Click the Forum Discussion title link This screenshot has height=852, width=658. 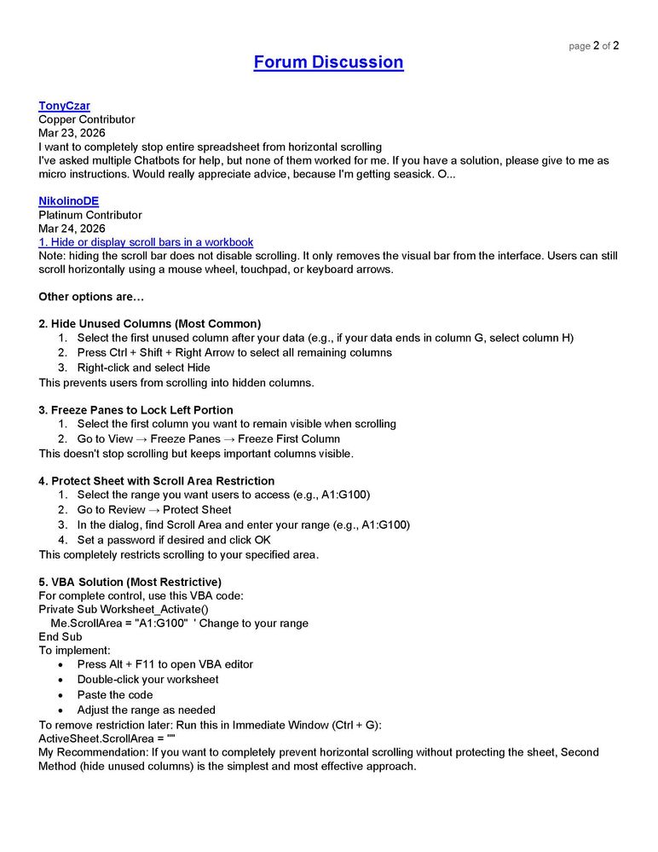click(x=328, y=62)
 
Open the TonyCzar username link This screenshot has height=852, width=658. click(x=64, y=106)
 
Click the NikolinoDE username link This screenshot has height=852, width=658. click(x=68, y=201)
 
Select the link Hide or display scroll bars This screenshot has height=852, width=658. click(x=146, y=242)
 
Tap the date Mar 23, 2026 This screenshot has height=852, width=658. click(x=72, y=133)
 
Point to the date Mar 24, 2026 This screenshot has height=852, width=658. click(x=72, y=229)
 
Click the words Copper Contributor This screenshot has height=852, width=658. click(x=86, y=119)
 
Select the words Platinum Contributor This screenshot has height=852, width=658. click(x=89, y=215)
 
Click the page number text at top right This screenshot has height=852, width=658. click(x=593, y=46)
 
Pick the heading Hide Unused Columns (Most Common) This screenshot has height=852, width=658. click(x=150, y=324)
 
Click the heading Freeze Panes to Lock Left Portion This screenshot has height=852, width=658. click(x=136, y=409)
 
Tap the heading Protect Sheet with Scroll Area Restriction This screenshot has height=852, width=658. click(x=156, y=481)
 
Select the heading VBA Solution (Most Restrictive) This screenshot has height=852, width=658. click(x=130, y=582)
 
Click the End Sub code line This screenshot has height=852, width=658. click(x=60, y=636)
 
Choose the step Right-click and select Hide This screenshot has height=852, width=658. click(x=143, y=368)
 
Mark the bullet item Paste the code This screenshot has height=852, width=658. click(x=115, y=694)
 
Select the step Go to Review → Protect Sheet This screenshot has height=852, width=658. click(x=153, y=510)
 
